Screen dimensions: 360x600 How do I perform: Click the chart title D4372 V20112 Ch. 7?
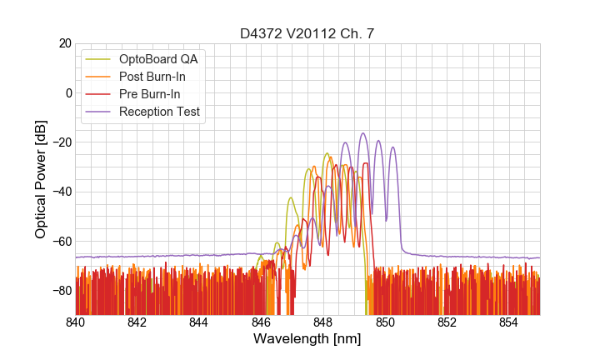pos(307,33)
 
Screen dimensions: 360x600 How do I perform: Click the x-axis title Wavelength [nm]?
pos(307,339)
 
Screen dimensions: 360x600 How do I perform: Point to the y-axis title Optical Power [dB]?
pos(41,178)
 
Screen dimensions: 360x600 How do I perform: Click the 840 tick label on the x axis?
pos(76,322)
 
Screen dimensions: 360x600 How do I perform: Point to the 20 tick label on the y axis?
pos(63,43)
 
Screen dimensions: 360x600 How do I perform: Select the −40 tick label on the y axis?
pos(60,192)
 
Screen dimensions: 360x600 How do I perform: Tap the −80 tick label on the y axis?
pos(60,291)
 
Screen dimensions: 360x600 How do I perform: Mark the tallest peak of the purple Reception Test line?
pos(363,133)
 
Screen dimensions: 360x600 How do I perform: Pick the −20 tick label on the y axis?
pos(60,142)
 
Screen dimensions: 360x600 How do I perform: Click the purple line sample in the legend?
pos(98,112)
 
